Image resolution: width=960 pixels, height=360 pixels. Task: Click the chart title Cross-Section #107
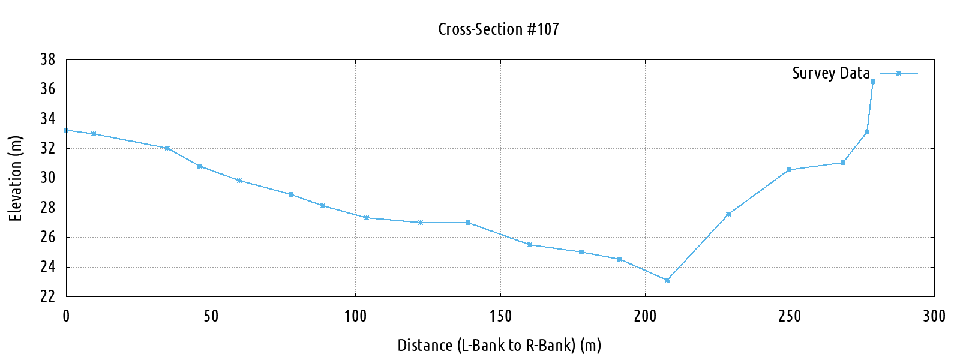[x=498, y=29]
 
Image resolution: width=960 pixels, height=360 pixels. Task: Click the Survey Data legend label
[x=830, y=73]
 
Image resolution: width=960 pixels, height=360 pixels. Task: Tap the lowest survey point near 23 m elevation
[x=667, y=280]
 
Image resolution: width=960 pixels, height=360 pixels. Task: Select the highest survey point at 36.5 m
[x=873, y=82]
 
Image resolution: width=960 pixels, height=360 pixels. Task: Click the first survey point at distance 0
[x=66, y=130]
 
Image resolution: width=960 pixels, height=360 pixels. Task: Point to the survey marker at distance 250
[x=789, y=170]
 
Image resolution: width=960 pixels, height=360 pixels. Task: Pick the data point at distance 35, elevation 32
[x=167, y=148]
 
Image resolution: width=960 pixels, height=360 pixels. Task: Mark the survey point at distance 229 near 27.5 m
[x=728, y=214]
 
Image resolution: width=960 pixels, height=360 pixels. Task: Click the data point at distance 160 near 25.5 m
[x=530, y=245]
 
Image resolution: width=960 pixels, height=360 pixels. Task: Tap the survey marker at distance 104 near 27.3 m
[x=367, y=218]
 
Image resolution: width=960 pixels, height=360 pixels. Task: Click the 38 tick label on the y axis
[x=48, y=59]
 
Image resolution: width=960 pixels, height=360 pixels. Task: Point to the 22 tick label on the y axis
[x=48, y=296]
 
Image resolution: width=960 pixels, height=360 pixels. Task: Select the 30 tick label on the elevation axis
[x=48, y=178]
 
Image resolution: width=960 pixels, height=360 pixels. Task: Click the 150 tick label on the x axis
[x=500, y=316]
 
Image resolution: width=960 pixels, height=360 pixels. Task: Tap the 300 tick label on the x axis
[x=934, y=316]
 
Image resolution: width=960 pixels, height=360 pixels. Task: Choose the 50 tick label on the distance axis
[x=211, y=316]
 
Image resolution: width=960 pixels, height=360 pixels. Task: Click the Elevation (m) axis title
[x=16, y=178]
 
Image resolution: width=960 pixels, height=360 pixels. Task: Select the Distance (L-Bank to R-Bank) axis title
[x=499, y=346]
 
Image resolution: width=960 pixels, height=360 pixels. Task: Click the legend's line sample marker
[x=899, y=73]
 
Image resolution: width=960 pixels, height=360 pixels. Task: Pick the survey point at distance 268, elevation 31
[x=843, y=163]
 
